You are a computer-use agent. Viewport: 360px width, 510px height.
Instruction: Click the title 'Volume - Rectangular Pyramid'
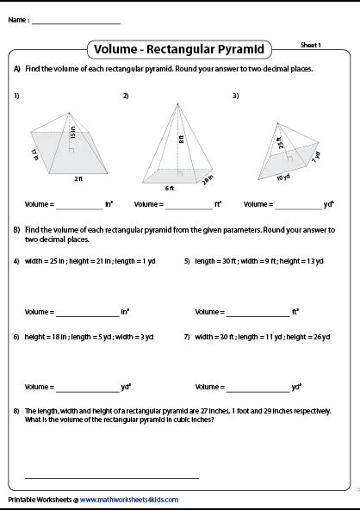pyautogui.click(x=180, y=49)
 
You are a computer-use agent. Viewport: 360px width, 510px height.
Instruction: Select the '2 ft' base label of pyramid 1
pyautogui.click(x=78, y=179)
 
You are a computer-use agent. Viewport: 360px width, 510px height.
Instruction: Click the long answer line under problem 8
pyautogui.click(x=112, y=476)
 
